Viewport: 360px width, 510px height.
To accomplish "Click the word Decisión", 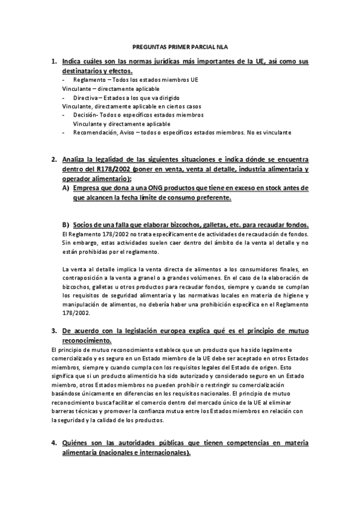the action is (85, 114).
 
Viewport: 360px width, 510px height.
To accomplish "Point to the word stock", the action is (263, 188).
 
